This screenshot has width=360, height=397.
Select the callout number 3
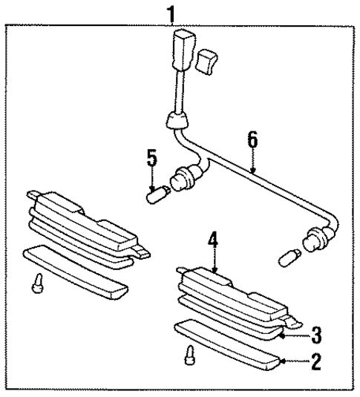316,335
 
